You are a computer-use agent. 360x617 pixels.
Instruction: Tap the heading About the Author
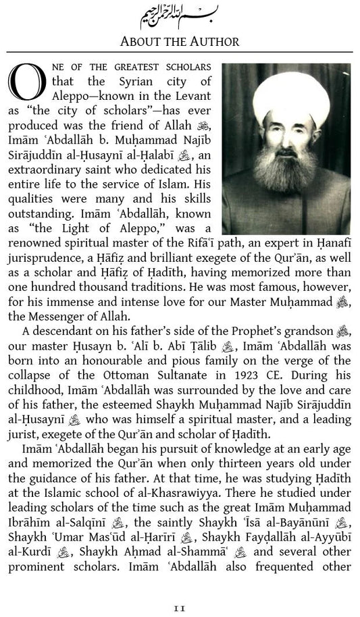pyautogui.click(x=179, y=42)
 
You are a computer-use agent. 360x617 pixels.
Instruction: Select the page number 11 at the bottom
pyautogui.click(x=179, y=607)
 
